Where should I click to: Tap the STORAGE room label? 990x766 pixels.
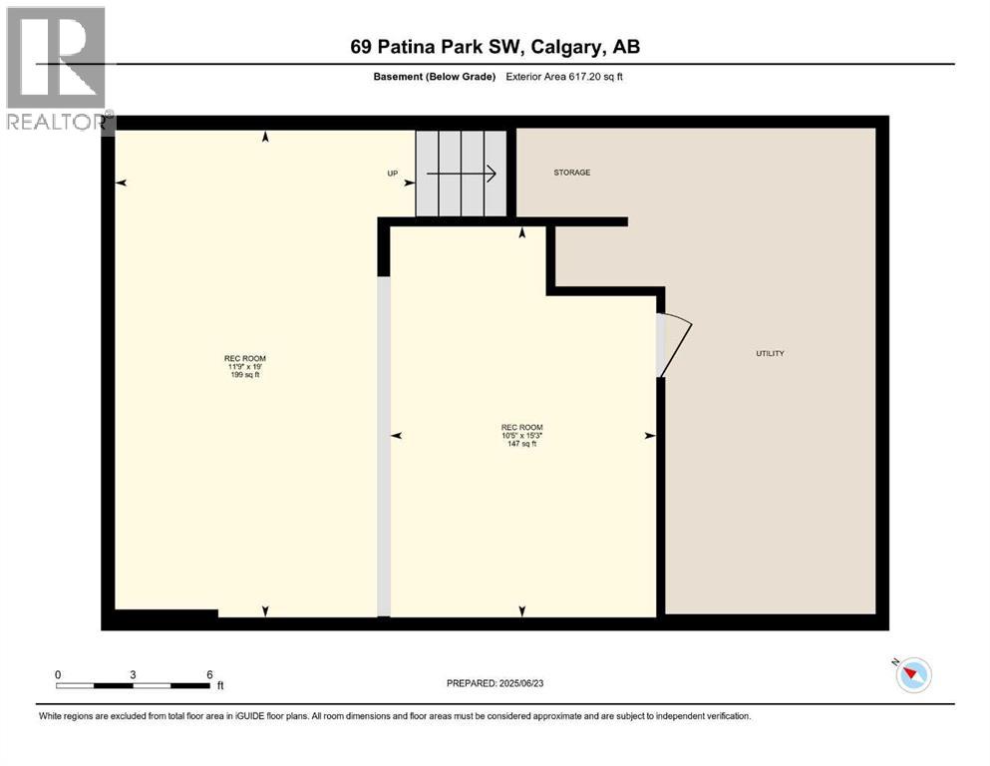(x=572, y=173)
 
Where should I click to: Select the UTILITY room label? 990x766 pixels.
(x=770, y=353)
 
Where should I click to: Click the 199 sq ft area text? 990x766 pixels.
(x=244, y=375)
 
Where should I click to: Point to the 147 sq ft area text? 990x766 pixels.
(x=522, y=444)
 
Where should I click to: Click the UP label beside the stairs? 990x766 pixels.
(x=393, y=174)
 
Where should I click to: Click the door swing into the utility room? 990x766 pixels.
(x=674, y=344)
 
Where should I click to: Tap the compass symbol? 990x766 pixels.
(x=912, y=675)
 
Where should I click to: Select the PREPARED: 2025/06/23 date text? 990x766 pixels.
(x=495, y=683)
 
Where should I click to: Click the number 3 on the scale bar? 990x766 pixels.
(x=133, y=674)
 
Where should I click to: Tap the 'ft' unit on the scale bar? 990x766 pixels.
(x=220, y=686)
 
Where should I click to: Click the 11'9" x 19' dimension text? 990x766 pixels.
(x=244, y=367)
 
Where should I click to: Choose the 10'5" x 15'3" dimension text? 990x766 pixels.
(x=522, y=436)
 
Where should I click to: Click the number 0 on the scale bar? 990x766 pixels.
(x=58, y=674)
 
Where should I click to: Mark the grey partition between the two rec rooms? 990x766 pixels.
(x=383, y=444)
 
